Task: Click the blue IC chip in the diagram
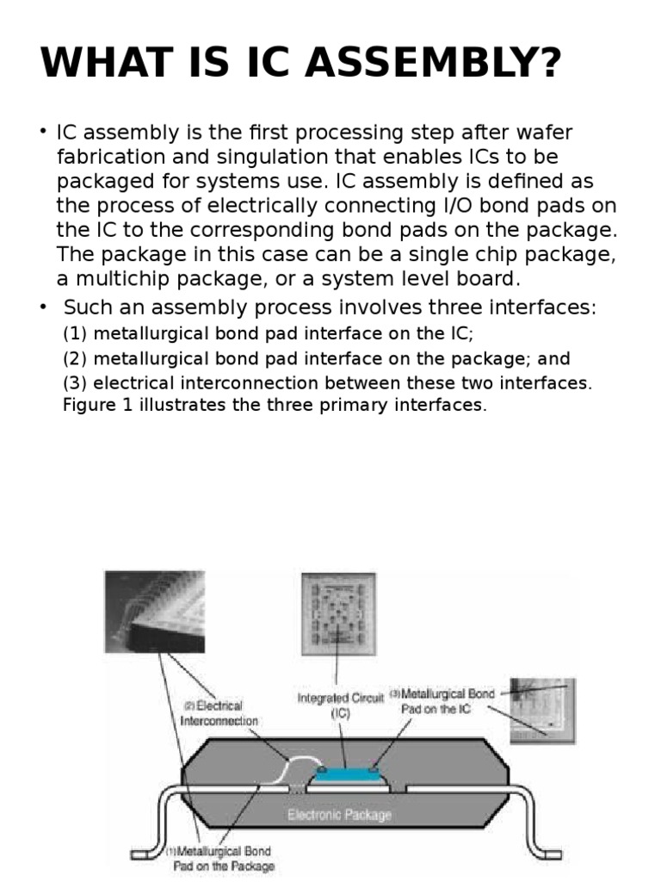pyautogui.click(x=345, y=775)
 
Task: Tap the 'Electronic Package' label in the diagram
pyautogui.click(x=339, y=814)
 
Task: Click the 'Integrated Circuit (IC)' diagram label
pyautogui.click(x=340, y=705)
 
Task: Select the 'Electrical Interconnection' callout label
pyautogui.click(x=219, y=712)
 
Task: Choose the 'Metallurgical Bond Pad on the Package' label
pyautogui.click(x=222, y=858)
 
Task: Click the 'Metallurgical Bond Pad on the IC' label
pyautogui.click(x=443, y=701)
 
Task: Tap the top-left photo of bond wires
pyautogui.click(x=154, y=611)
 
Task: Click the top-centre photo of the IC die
pyautogui.click(x=338, y=613)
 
